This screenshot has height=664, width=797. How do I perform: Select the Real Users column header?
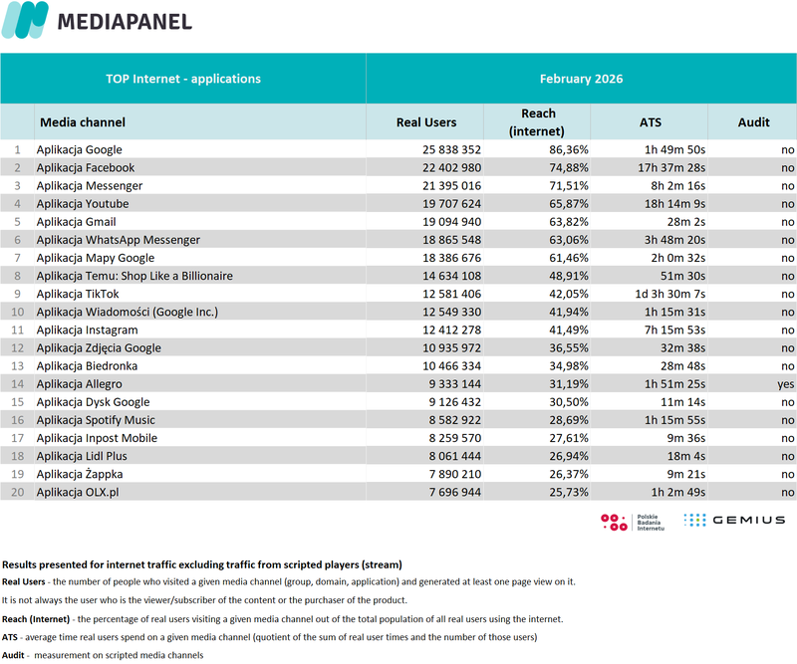(426, 122)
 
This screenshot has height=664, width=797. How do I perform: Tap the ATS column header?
(650, 122)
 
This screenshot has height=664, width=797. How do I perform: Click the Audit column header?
(753, 122)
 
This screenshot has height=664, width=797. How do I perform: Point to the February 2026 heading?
(582, 79)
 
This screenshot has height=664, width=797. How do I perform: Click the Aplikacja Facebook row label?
(86, 168)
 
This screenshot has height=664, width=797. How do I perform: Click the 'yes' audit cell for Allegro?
(787, 383)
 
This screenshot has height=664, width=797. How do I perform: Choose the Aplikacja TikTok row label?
(78, 294)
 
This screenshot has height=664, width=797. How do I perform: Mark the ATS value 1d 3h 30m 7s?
(662, 294)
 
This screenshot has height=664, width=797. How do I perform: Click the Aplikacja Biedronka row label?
(88, 365)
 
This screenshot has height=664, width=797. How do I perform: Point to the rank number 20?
(17, 491)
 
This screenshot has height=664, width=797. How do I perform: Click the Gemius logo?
(735, 520)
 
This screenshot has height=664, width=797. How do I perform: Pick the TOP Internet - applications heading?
(183, 79)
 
